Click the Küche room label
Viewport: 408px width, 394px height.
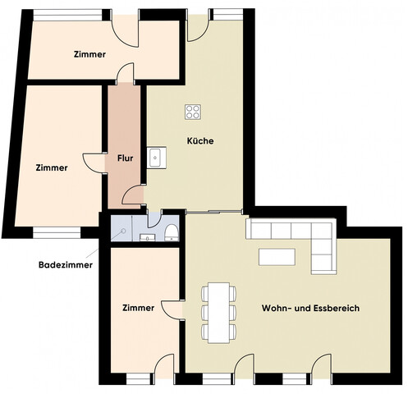click(x=200, y=141)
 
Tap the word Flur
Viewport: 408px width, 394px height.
click(x=126, y=158)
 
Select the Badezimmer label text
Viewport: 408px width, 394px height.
click(x=66, y=265)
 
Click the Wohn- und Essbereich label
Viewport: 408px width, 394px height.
click(x=310, y=308)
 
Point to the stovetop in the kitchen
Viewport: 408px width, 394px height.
click(x=194, y=112)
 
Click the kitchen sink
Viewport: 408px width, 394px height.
click(x=154, y=156)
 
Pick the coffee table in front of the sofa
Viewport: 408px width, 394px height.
click(x=277, y=257)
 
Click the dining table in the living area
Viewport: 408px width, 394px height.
click(x=218, y=312)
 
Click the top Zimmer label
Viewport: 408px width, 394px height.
click(x=89, y=55)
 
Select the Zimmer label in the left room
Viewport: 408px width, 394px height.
click(x=52, y=167)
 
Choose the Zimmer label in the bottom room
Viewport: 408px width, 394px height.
click(x=138, y=309)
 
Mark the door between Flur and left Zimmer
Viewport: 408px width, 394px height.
click(x=93, y=160)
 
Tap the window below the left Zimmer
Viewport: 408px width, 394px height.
click(x=57, y=232)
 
